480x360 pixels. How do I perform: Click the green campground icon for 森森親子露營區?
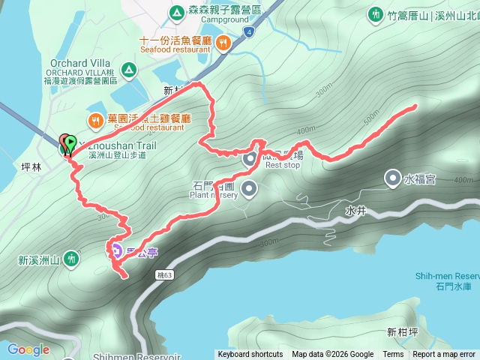click(x=175, y=12)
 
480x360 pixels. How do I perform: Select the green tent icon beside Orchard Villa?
click(x=129, y=70)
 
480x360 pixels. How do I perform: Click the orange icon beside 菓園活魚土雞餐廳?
click(x=96, y=119)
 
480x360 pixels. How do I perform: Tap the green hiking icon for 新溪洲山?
click(x=71, y=259)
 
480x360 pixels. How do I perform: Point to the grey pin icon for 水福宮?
click(x=392, y=178)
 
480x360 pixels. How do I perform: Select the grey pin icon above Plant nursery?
click(x=249, y=187)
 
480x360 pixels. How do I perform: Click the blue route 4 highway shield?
click(x=247, y=32)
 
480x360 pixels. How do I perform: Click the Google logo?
click(x=28, y=349)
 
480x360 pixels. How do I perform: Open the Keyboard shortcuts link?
click(x=250, y=355)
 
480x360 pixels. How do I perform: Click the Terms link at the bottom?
click(x=393, y=355)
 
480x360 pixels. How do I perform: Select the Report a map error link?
click(x=444, y=355)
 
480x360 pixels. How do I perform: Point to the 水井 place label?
click(x=355, y=212)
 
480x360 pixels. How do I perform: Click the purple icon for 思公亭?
click(x=116, y=250)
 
